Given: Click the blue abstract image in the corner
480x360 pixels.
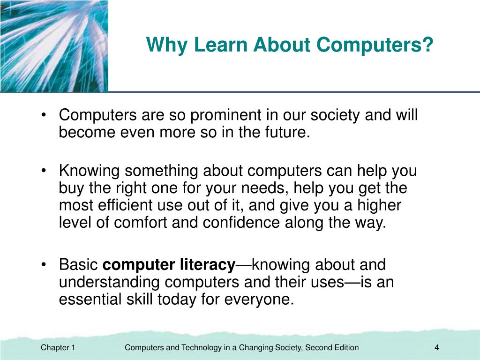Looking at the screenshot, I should pos(54,46).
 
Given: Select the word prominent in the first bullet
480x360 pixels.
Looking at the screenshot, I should pos(226,115).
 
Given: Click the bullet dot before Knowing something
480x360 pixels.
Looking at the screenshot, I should pos(44,171).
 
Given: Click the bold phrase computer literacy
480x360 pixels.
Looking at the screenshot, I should pos(169,265).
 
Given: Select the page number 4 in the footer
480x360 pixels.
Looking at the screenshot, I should pos(436,347).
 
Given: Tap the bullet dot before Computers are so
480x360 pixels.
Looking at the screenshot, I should pos(44,115).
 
